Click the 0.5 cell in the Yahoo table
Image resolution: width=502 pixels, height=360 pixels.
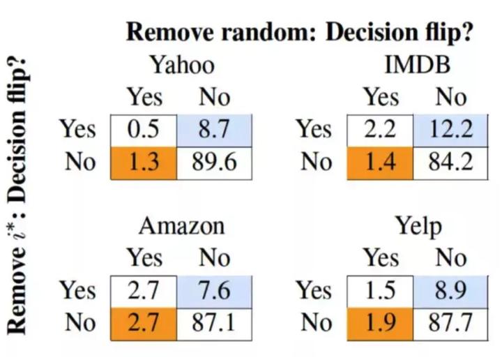[144, 130]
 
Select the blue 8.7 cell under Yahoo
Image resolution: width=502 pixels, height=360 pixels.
[214, 130]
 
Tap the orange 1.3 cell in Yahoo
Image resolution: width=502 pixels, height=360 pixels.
[144, 163]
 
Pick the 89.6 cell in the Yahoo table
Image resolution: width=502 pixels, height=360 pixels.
[214, 163]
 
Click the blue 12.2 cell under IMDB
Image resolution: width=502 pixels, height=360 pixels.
[450, 130]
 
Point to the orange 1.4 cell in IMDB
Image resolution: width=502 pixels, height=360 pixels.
[380, 163]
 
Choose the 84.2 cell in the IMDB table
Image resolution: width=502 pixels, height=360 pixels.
[450, 163]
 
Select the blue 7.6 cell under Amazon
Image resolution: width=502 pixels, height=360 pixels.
[214, 292]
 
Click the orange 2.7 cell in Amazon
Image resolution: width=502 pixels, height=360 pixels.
[144, 324]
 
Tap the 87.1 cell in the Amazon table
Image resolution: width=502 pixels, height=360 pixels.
[214, 324]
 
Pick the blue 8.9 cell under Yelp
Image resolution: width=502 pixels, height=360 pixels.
[450, 292]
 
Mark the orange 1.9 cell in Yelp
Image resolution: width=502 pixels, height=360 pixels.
[380, 324]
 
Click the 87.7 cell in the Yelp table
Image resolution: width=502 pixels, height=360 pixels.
[450, 324]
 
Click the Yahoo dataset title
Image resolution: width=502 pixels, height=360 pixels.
[183, 65]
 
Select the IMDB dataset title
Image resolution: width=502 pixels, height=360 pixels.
[418, 65]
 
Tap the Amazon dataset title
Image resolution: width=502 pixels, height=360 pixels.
[182, 226]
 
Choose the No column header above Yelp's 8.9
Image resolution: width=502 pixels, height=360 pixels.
[450, 258]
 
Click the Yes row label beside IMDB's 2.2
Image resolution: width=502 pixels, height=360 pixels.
[314, 129]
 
